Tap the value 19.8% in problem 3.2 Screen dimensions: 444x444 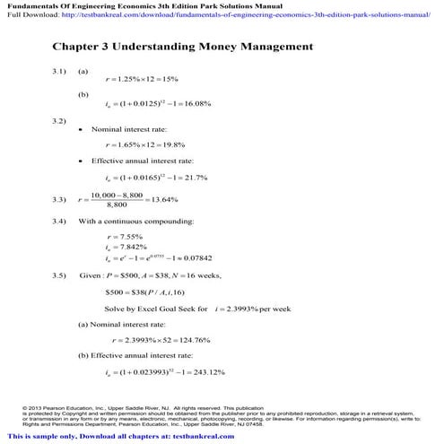tap(171, 144)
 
